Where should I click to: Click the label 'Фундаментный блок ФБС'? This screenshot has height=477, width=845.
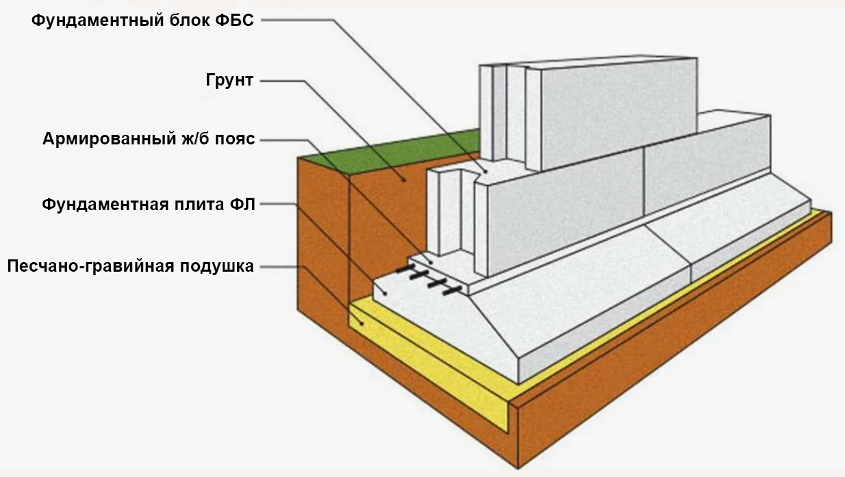142,20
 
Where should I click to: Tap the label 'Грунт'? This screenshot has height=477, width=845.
229,80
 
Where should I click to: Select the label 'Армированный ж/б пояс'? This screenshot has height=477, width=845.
149,140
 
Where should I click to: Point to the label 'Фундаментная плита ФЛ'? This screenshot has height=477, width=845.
148,203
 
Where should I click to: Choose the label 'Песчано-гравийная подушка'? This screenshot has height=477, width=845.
131,266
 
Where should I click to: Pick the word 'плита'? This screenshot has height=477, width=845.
199,203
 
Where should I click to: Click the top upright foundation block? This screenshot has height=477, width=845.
616,109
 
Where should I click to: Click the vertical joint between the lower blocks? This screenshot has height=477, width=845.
644,182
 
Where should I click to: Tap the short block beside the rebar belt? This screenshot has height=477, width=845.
449,212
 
